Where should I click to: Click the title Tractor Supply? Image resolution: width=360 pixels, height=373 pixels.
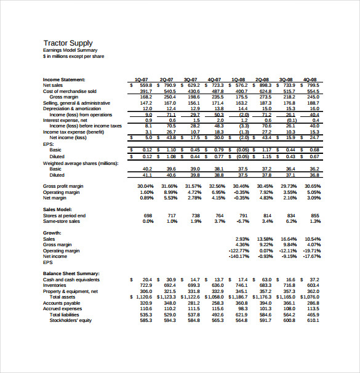tap(68, 42)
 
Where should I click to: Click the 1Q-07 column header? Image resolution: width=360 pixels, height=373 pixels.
tap(142, 80)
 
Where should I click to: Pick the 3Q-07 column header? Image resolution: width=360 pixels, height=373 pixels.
tap(191, 80)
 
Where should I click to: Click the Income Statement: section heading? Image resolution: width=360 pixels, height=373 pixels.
tap(64, 79)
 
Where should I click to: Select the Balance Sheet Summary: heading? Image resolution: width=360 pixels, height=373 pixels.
tap(71, 273)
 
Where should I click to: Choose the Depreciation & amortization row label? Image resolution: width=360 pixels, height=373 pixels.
tap(74, 109)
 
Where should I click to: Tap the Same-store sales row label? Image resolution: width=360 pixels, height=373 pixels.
tap(62, 221)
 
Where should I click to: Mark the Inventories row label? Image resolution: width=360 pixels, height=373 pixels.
tap(55, 285)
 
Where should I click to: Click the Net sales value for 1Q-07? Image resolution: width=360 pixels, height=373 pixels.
tap(145, 86)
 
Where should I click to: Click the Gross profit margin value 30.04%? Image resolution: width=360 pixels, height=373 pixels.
tap(145, 186)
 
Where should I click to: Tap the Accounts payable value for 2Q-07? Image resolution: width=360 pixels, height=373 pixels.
tap(170, 303)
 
